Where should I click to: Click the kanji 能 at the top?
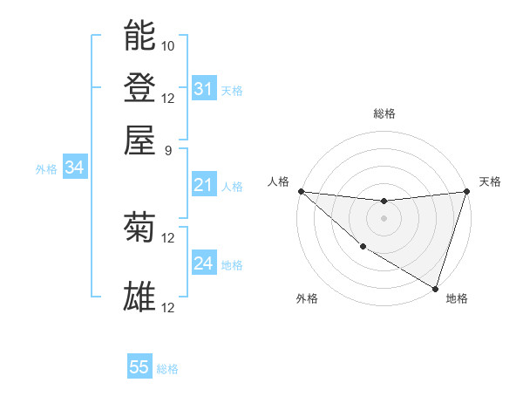(140, 36)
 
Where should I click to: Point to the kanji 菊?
(140, 228)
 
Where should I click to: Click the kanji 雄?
(140, 297)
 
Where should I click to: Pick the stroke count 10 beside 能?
(168, 45)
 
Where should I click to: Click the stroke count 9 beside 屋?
(168, 149)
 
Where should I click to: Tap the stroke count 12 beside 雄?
(168, 307)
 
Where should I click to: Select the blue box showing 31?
(203, 88)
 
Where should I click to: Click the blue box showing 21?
(203, 185)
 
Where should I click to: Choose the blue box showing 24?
(203, 263)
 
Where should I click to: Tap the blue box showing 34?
(74, 168)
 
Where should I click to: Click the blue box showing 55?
(139, 367)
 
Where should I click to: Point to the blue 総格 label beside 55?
(167, 369)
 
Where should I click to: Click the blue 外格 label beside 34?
(46, 169)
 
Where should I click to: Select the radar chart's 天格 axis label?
(490, 181)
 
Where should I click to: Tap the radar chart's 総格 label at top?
(384, 113)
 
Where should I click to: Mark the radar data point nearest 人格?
(301, 191)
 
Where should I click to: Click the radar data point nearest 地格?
(435, 288)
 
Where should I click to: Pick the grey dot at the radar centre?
(384, 218)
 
